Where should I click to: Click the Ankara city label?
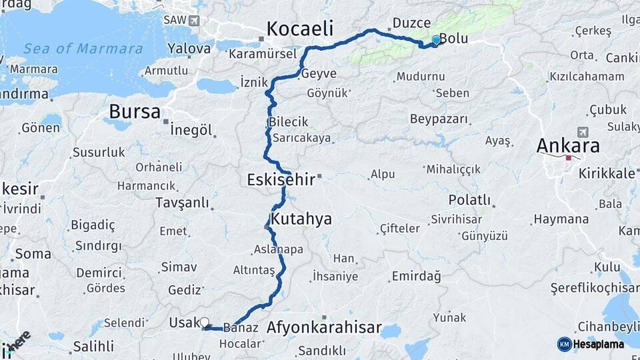(x=568, y=145)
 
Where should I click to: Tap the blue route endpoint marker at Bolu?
(x=436, y=40)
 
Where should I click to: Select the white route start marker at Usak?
(x=204, y=322)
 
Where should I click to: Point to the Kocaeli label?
(x=299, y=29)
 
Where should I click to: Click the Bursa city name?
(x=135, y=111)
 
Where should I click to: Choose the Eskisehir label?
(x=281, y=179)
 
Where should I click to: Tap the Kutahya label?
(x=301, y=219)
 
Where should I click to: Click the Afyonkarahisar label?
(x=323, y=327)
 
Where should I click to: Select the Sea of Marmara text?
(x=83, y=49)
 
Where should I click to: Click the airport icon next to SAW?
(x=194, y=20)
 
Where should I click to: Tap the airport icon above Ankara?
(x=585, y=132)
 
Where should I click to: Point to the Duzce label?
(x=411, y=23)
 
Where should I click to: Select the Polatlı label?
(x=469, y=200)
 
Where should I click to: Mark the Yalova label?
(x=189, y=48)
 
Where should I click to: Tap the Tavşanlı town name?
(x=182, y=203)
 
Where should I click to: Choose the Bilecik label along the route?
(x=289, y=122)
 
